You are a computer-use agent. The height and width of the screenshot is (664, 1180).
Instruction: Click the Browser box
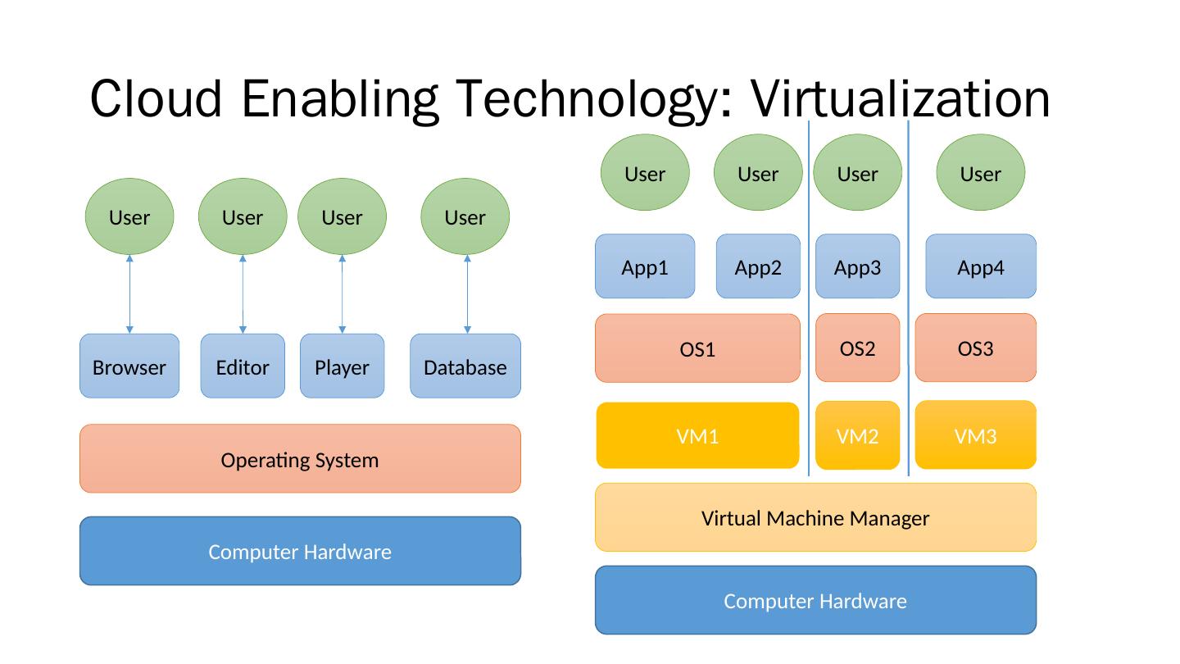pos(129,366)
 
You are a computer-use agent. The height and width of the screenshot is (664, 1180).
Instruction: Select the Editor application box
pos(243,366)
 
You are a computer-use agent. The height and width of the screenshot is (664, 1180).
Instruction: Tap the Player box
pos(342,366)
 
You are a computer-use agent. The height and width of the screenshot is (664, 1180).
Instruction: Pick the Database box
pos(465,366)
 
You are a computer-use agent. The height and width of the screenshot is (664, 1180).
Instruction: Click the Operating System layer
pos(300,459)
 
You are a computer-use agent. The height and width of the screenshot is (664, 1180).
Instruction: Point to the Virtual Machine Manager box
pos(815,517)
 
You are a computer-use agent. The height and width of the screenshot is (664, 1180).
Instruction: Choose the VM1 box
pos(697,435)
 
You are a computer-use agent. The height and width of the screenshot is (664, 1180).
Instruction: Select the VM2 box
pos(857,435)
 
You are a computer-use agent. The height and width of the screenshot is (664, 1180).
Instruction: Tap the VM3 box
pos(975,434)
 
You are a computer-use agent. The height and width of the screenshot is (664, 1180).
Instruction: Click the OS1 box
pos(697,348)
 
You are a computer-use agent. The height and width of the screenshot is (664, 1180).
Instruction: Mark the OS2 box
pos(857,348)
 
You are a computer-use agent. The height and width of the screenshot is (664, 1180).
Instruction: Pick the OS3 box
pos(975,348)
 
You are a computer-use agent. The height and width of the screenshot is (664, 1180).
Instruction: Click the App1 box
pos(645,266)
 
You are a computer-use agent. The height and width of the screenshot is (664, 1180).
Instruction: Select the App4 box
pos(981,266)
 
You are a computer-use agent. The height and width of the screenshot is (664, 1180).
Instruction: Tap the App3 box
pos(857,266)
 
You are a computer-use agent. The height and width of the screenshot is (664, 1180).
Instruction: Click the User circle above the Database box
pos(465,216)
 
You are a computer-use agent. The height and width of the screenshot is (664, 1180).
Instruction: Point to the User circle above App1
pos(645,172)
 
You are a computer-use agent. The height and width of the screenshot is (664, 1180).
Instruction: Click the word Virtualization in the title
pos(901,98)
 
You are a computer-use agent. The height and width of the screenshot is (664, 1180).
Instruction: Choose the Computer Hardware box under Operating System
pos(300,551)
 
